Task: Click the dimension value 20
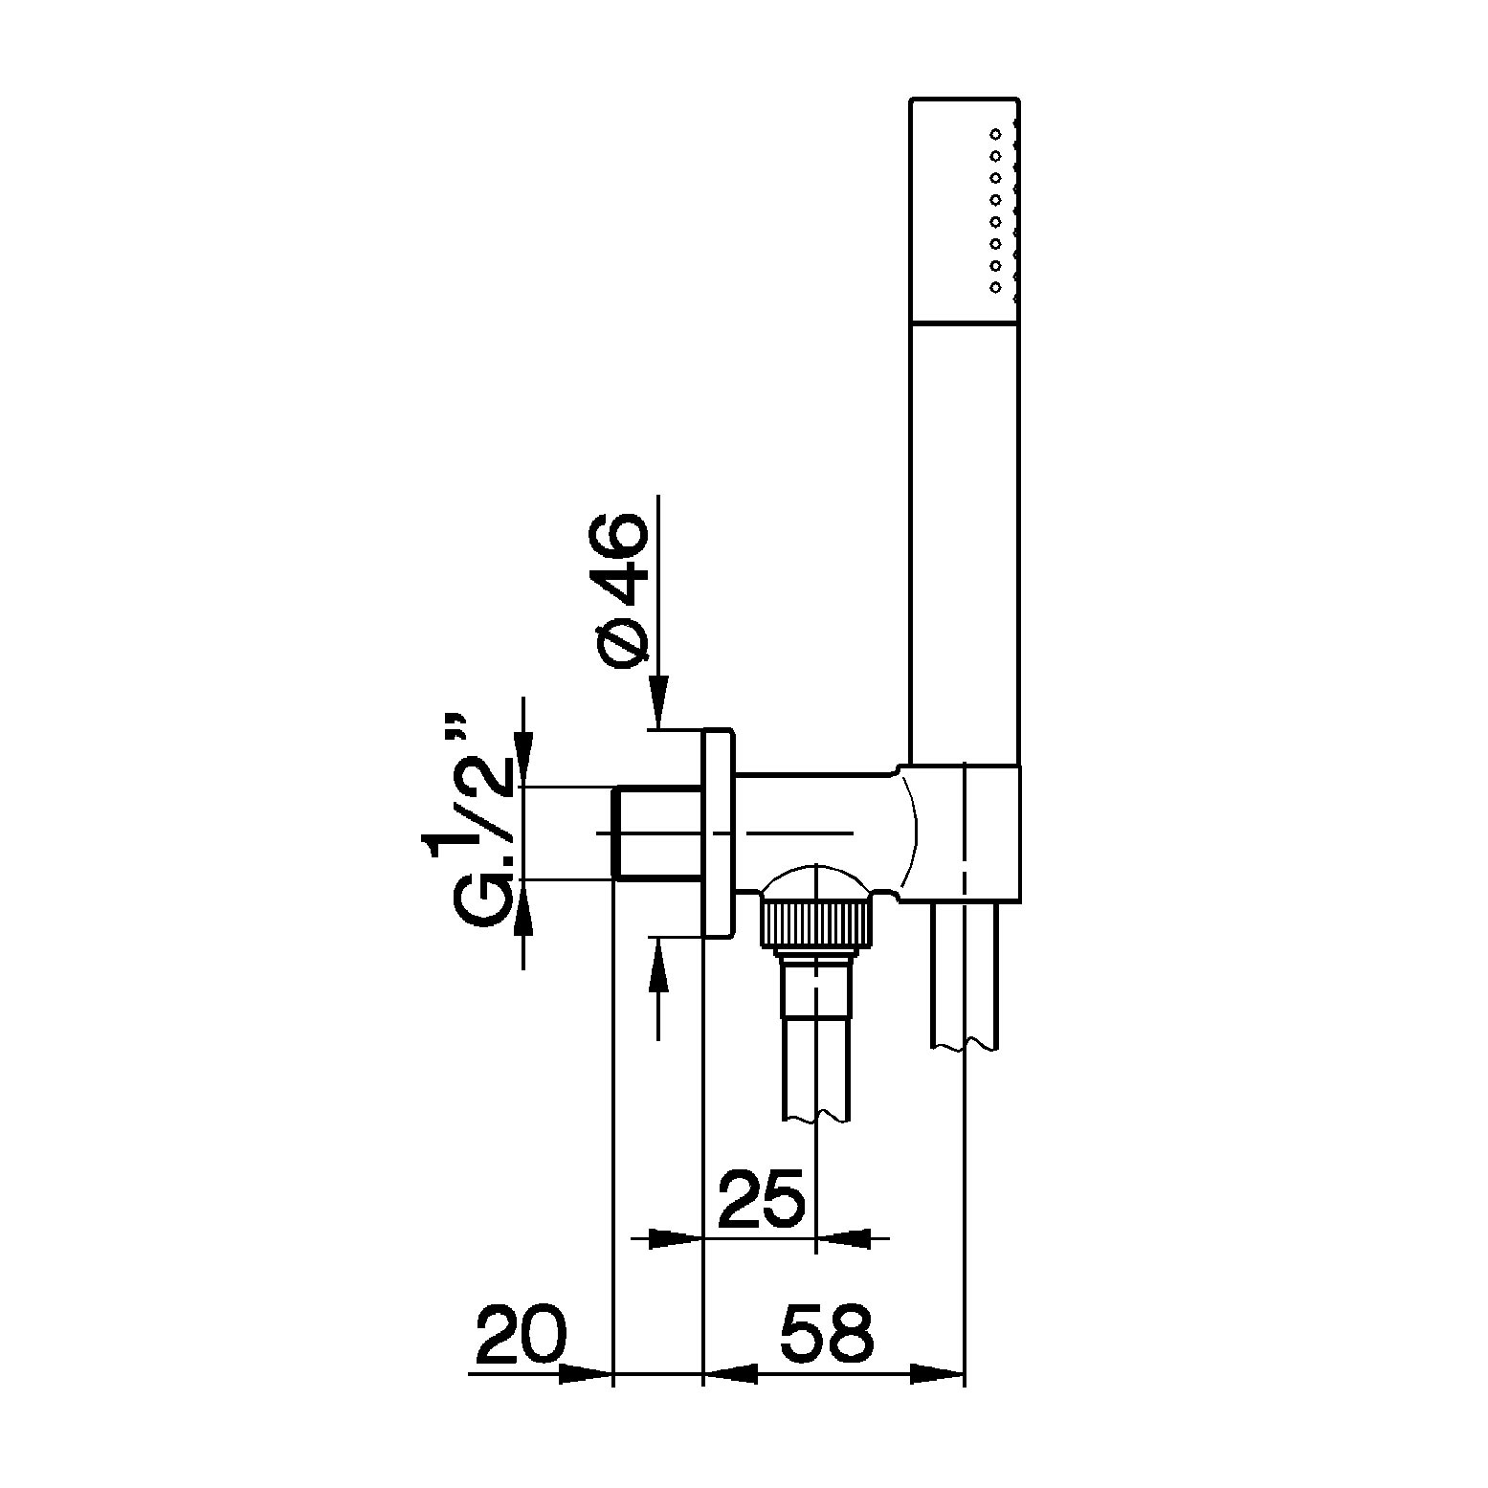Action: pos(522,1334)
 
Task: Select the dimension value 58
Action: pos(828,1334)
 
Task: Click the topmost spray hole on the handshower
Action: pos(995,133)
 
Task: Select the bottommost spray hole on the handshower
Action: pos(995,286)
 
